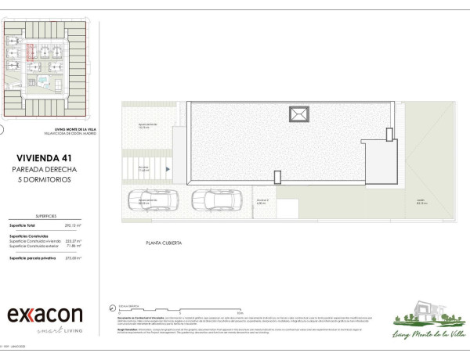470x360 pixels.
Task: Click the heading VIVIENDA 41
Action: coord(51,157)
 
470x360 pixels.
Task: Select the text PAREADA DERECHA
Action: coord(51,168)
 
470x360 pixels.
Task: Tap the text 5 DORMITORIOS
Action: coord(51,179)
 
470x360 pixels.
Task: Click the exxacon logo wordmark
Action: coord(45,315)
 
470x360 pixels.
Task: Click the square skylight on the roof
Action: coord(298,115)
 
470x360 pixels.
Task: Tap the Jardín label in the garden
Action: coord(421,202)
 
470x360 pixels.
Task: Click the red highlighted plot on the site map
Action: coord(31,53)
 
